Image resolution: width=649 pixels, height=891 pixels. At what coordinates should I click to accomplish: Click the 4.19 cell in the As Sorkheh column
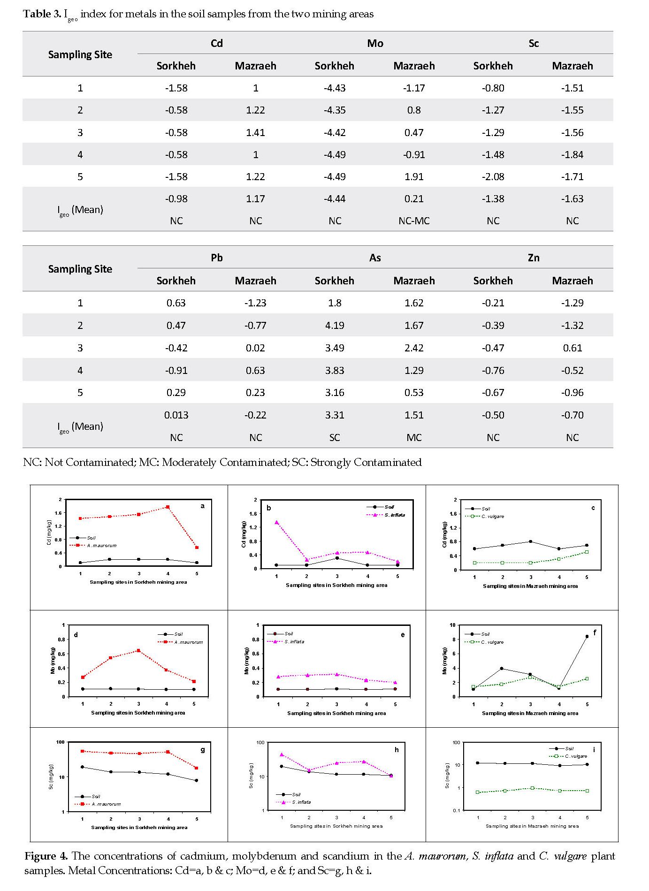pyautogui.click(x=335, y=325)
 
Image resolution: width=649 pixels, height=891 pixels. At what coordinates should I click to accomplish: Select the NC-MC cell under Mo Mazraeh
pyautogui.click(x=414, y=221)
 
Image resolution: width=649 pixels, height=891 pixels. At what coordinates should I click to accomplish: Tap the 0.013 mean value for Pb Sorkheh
pyautogui.click(x=176, y=415)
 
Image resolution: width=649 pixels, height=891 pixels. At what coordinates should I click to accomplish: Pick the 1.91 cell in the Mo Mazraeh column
pyautogui.click(x=414, y=177)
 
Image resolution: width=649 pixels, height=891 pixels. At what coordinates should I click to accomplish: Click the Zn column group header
pyautogui.click(x=534, y=258)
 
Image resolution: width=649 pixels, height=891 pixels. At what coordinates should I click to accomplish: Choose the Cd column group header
pyautogui.click(x=216, y=43)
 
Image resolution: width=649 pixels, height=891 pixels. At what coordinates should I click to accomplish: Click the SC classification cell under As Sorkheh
pyautogui.click(x=335, y=438)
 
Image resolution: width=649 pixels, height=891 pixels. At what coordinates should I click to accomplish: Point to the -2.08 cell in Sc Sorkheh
pyautogui.click(x=493, y=177)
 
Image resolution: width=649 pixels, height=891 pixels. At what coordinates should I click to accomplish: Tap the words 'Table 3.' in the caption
pyautogui.click(x=42, y=14)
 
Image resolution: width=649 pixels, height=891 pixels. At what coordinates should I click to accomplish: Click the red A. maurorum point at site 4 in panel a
pyautogui.click(x=168, y=507)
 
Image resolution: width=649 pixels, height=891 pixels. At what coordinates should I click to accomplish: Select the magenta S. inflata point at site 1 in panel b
pyautogui.click(x=276, y=522)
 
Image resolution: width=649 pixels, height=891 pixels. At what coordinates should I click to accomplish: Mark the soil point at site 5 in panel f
pyautogui.click(x=587, y=636)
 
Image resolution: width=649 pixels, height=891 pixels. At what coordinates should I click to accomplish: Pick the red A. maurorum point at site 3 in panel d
pyautogui.click(x=138, y=650)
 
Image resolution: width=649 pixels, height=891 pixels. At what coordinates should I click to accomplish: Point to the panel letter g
pyautogui.click(x=203, y=750)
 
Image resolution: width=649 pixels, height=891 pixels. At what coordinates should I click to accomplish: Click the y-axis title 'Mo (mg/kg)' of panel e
pyautogui.click(x=247, y=661)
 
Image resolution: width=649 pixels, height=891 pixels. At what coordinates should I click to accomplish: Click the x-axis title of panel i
pyautogui.click(x=532, y=826)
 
